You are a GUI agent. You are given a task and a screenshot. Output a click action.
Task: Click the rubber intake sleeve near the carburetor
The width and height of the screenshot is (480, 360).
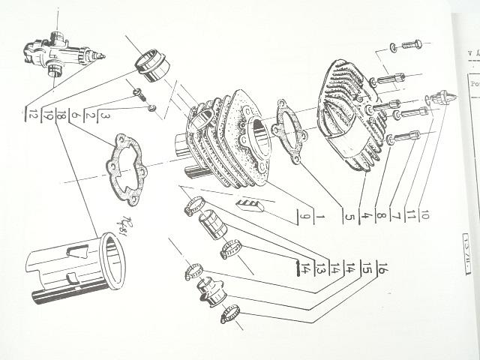(152, 64)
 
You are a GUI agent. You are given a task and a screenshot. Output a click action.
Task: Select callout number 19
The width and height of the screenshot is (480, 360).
(47, 116)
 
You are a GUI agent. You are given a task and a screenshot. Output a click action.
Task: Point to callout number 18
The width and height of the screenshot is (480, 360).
(61, 115)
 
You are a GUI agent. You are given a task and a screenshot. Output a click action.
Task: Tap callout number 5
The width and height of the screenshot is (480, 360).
(349, 217)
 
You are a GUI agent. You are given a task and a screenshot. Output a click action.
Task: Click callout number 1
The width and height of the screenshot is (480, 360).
(319, 217)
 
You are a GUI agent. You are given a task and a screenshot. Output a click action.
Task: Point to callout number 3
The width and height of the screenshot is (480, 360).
(105, 116)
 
